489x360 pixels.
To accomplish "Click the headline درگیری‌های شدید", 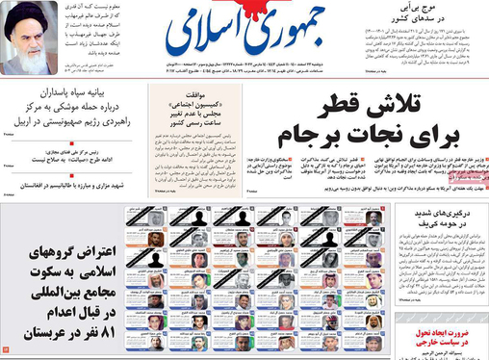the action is [443, 214].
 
